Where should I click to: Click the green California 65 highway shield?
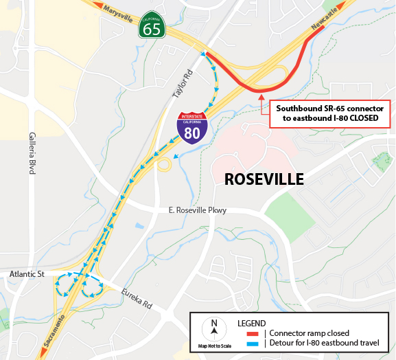[152, 27]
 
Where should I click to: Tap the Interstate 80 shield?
[192, 126]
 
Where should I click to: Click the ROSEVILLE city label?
[264, 180]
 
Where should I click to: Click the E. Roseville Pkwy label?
[197, 210]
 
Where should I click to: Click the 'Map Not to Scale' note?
[213, 346]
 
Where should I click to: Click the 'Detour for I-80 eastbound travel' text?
[316, 344]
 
